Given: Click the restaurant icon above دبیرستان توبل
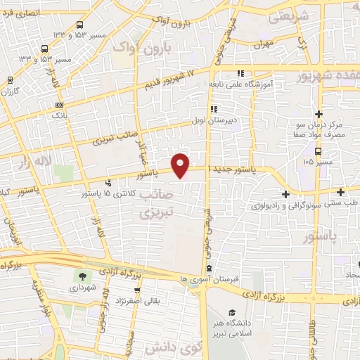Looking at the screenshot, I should (x=213, y=108).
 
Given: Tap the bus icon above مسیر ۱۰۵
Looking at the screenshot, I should (x=319, y=150).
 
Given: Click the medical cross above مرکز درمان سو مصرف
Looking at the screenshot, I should (x=319, y=114).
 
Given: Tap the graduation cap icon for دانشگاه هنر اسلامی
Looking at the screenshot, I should (x=232, y=312).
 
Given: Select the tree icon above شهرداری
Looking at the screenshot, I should (x=84, y=276).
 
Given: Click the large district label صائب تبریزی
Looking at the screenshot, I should (x=156, y=202).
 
